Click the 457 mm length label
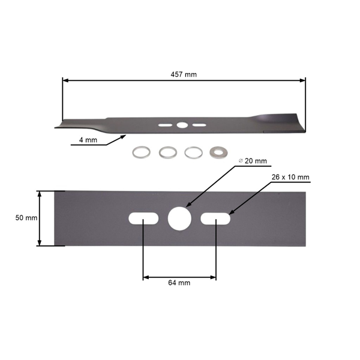[x=184, y=74]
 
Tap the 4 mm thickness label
[x=88, y=140]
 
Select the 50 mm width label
[x=26, y=218]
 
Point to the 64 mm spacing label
[x=179, y=283]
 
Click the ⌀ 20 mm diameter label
[x=253, y=161]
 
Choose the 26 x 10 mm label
[x=290, y=177]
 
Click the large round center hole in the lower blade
[x=179, y=218]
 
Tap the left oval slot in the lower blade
[x=143, y=218]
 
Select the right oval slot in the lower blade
[x=215, y=218]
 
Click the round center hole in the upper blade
[x=182, y=125]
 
